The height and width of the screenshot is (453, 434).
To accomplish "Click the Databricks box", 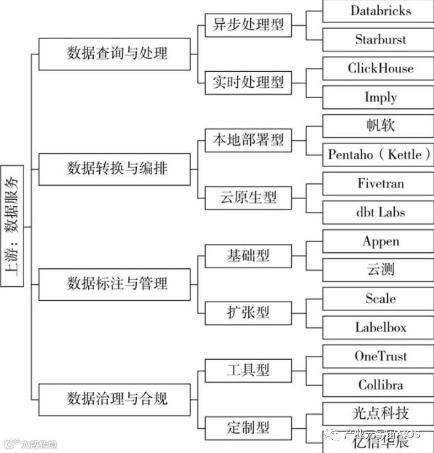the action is click(378, 11).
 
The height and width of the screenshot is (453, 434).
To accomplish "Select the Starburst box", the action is click(378, 40).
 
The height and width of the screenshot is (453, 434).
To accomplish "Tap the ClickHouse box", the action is click(378, 68).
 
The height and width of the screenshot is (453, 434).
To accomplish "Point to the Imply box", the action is click(378, 98).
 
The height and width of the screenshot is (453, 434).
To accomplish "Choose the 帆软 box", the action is click(378, 126).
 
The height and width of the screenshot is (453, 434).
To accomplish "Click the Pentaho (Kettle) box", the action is click(378, 154).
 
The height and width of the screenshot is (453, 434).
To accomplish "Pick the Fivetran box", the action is click(378, 184).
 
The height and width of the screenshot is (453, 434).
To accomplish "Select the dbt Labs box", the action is click(378, 212).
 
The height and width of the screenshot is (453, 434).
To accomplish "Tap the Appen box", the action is click(378, 242).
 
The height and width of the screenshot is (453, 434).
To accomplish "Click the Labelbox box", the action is click(378, 328).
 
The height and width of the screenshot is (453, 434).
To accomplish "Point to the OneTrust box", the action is click(378, 356).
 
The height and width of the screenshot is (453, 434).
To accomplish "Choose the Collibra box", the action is click(378, 385).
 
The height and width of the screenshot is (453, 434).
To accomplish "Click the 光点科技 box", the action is click(378, 414).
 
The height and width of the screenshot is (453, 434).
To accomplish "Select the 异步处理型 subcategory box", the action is click(248, 25).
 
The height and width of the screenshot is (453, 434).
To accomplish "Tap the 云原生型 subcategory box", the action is click(248, 198).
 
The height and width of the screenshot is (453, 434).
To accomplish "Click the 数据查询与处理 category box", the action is click(117, 54).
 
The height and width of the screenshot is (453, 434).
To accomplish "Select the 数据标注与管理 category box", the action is click(117, 284).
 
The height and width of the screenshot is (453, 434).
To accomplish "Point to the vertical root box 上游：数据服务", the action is click(12, 226).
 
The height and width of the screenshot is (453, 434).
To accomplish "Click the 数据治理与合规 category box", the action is click(117, 399).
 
